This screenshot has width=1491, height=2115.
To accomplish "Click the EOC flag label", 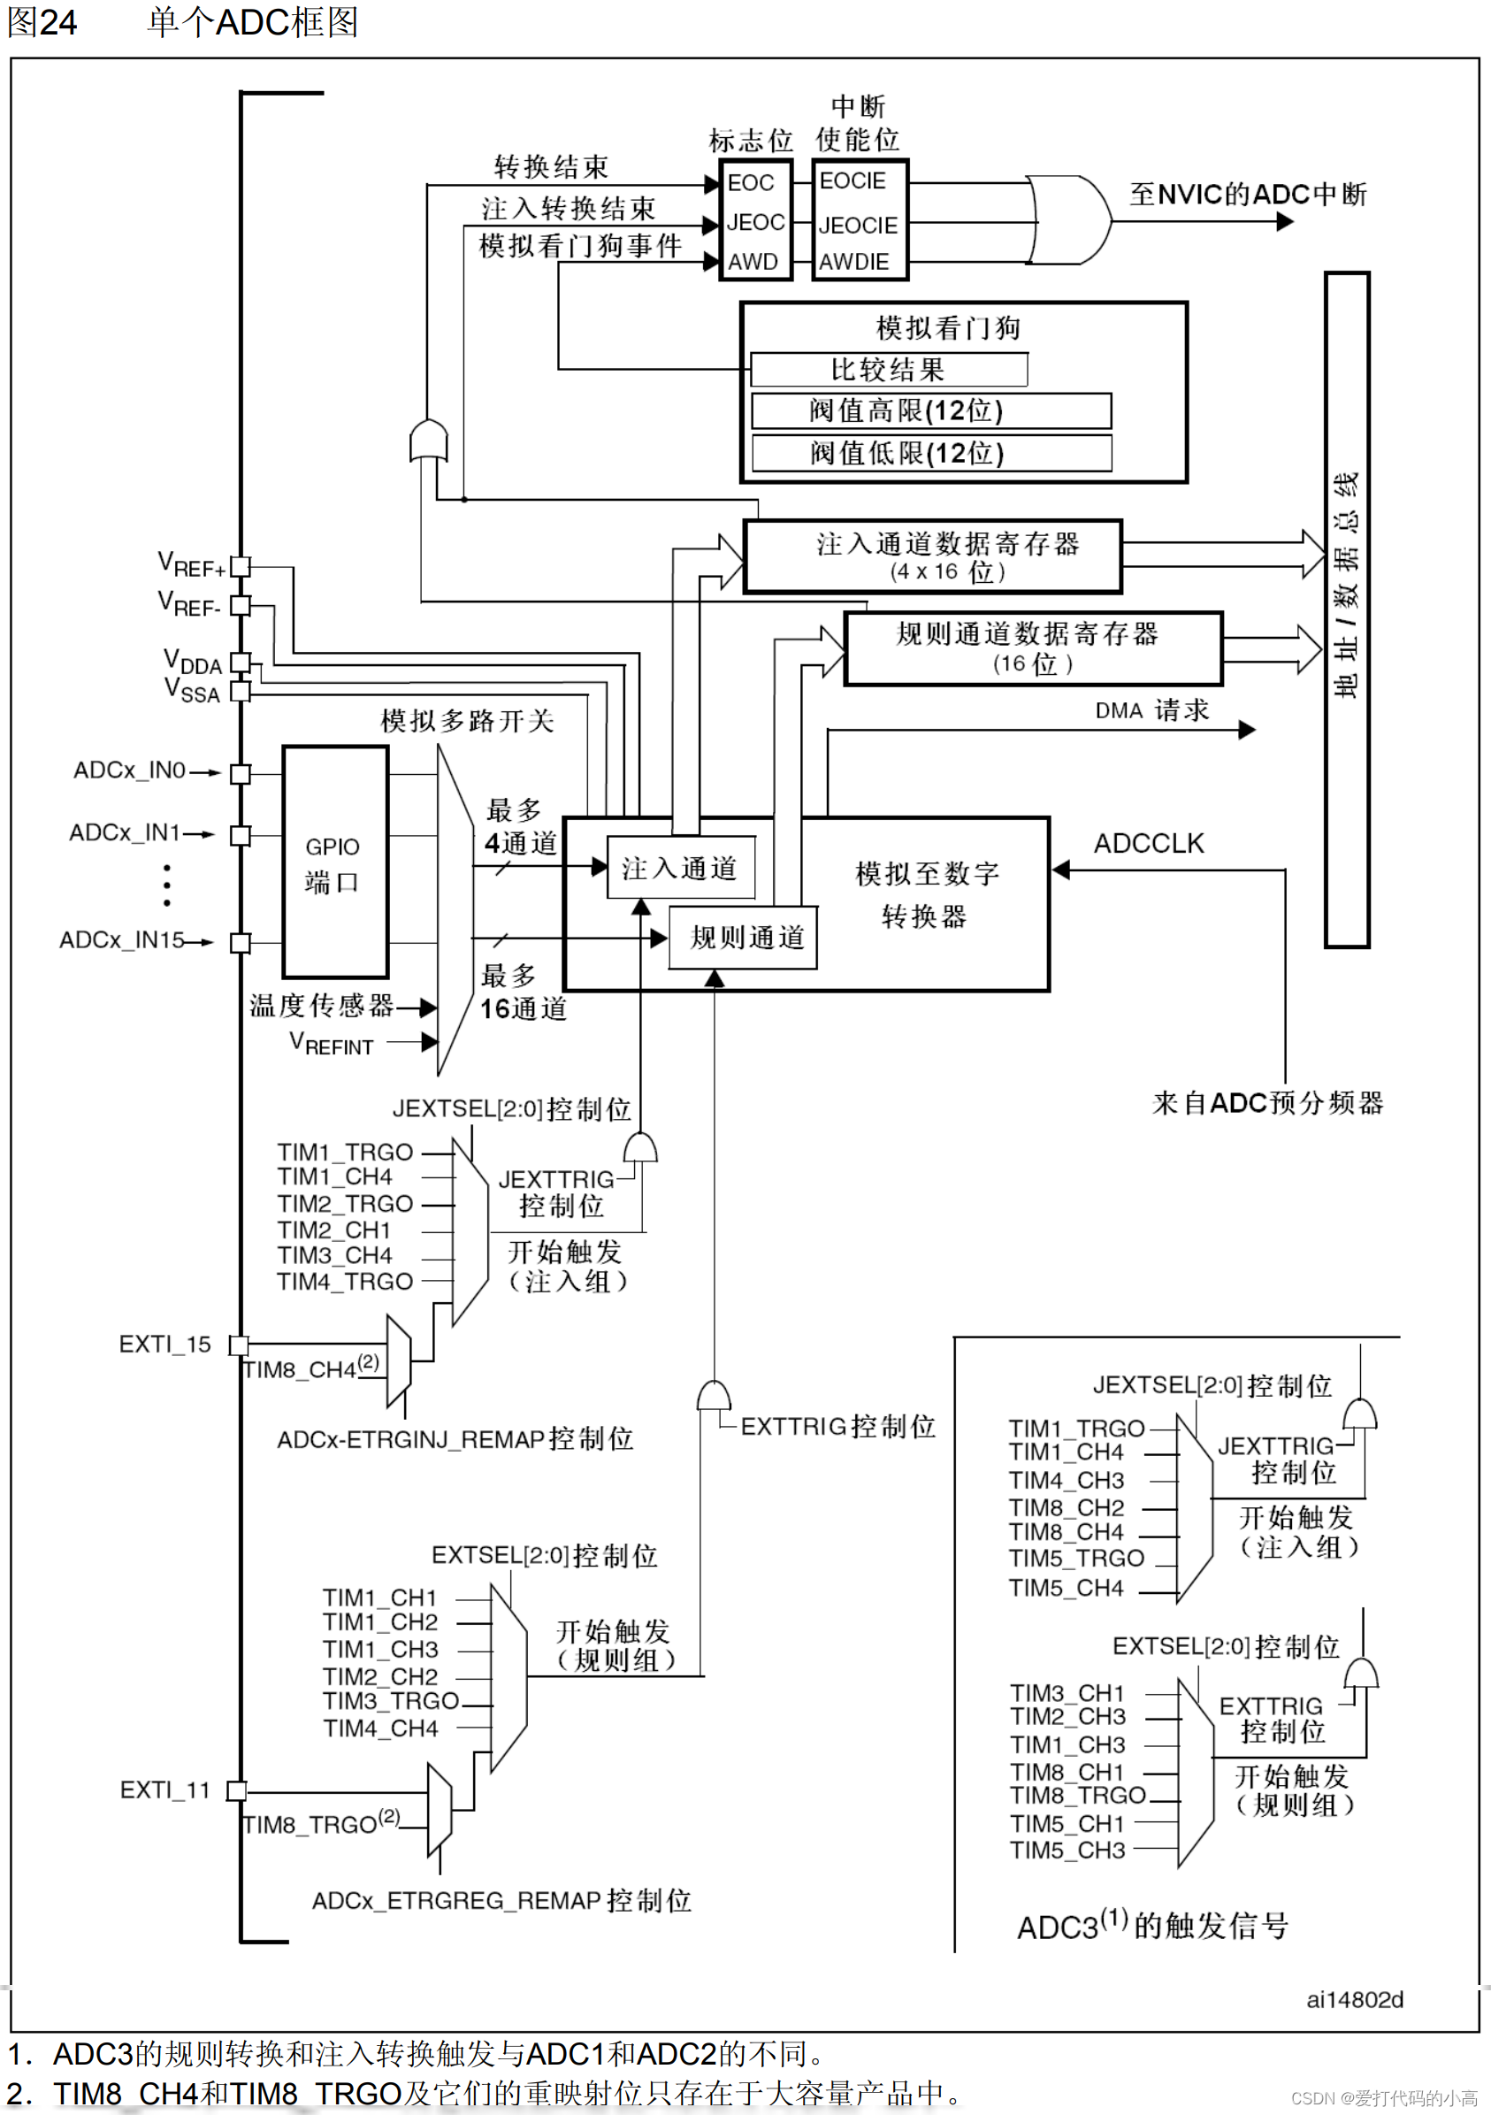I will click(751, 183).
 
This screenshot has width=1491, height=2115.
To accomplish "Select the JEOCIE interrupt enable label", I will click(858, 226).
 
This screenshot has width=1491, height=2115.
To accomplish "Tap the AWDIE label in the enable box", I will click(853, 263).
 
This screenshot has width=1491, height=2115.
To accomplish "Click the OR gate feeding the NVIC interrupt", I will click(1068, 221).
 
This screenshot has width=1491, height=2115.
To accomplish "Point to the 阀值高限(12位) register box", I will click(931, 410).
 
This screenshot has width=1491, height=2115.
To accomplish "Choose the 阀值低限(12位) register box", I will click(931, 453).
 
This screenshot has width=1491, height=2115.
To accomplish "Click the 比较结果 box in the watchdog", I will click(889, 370).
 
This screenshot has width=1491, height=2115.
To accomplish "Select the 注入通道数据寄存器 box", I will click(932, 556).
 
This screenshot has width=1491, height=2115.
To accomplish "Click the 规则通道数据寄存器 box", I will click(1032, 648).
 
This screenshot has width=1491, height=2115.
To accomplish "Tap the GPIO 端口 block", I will click(334, 863).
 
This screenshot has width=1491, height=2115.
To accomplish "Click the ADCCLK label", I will click(1149, 844).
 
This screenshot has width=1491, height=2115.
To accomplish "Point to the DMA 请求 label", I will click(1151, 710).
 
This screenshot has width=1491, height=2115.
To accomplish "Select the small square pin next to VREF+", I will click(241, 566).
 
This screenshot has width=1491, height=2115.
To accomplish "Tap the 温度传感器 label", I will click(321, 1006).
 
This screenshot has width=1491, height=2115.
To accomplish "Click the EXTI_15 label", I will click(164, 1345).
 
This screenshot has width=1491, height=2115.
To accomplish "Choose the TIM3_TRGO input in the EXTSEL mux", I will click(391, 1701).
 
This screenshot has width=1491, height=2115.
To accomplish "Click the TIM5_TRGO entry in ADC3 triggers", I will click(1075, 1559).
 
